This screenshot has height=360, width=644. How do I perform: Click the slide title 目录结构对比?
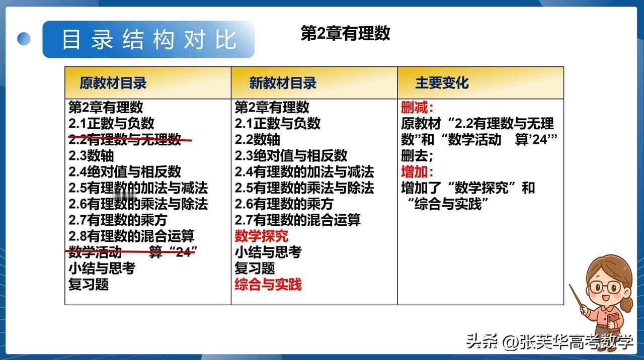(x=149, y=39)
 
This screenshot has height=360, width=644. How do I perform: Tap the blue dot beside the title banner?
(x=24, y=39)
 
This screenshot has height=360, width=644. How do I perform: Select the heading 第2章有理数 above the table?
(x=345, y=33)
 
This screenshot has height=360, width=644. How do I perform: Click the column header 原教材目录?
(x=113, y=83)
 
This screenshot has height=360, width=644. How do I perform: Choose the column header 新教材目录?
(x=283, y=83)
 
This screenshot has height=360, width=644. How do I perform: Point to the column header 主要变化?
(x=442, y=83)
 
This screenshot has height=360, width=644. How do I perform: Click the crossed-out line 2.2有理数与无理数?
(x=130, y=139)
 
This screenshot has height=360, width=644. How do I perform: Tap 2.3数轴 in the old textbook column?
(x=91, y=155)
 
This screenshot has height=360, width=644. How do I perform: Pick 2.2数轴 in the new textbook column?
(x=257, y=139)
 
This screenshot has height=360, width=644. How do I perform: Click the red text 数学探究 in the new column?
(x=261, y=236)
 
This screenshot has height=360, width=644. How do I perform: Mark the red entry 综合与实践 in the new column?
(x=268, y=285)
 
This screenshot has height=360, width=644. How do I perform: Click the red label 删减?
(x=417, y=107)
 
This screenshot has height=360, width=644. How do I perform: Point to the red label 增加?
(x=417, y=172)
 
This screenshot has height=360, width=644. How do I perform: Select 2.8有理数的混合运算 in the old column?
(x=131, y=236)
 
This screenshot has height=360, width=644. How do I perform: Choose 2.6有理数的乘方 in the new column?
(x=284, y=204)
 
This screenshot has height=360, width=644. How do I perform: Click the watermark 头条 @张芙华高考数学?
(x=549, y=342)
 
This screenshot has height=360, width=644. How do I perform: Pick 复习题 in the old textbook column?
(x=89, y=285)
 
